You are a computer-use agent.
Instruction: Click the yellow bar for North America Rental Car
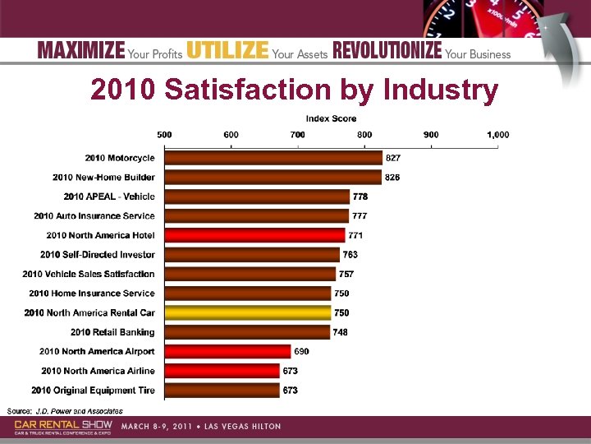point(247,312)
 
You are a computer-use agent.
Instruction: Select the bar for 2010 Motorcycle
point(273,158)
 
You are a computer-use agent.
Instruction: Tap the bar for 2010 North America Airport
point(227,352)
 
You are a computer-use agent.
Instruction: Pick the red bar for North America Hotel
point(254,235)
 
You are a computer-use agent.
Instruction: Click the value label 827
point(393,158)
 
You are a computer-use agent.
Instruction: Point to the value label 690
point(301,352)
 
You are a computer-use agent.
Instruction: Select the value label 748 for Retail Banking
point(341,332)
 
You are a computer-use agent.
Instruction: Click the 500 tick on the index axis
point(164,135)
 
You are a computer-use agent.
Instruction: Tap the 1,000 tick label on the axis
point(497,135)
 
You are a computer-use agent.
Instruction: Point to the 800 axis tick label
point(364,135)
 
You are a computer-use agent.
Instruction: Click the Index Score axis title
point(331,119)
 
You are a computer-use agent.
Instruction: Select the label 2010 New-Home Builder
point(103,178)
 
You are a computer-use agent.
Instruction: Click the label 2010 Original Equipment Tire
point(93,391)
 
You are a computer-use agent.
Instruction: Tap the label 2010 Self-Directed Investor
point(97,255)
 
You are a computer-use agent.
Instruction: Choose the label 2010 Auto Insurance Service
point(94,216)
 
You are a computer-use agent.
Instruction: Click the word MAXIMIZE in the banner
point(81,50)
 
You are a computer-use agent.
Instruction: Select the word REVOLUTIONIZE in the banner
point(387,50)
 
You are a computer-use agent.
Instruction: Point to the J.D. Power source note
point(65,410)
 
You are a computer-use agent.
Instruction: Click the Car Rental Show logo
point(63,426)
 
